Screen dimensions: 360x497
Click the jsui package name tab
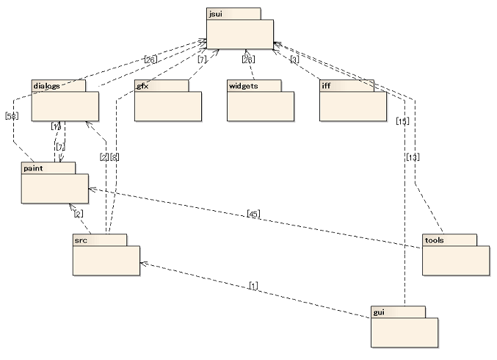pyautogui.click(x=215, y=13)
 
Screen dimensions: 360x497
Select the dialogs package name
pyautogui.click(x=46, y=86)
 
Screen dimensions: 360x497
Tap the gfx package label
pyautogui.click(x=143, y=86)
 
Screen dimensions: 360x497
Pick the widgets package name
pyautogui.click(x=242, y=86)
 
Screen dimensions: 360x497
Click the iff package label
pyautogui.click(x=327, y=86)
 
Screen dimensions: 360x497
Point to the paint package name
pyautogui.click(x=34, y=168)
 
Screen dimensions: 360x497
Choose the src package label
pyautogui.click(x=81, y=240)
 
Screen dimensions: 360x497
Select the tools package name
pyautogui.click(x=435, y=240)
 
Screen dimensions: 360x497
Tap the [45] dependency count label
pyautogui.click(x=253, y=214)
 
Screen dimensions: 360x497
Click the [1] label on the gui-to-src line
pyautogui.click(x=253, y=284)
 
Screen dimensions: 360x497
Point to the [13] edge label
pyautogui.click(x=411, y=157)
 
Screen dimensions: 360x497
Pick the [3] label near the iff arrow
pyautogui.click(x=294, y=60)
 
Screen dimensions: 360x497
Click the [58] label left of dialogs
pyautogui.click(x=11, y=116)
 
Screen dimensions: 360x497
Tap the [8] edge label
pyautogui.click(x=115, y=157)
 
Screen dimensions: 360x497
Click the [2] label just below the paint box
pyautogui.click(x=78, y=214)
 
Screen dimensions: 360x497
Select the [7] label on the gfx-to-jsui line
pyautogui.click(x=201, y=60)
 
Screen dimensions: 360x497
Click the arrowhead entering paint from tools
pyautogui.click(x=91, y=189)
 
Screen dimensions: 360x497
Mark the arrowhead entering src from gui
pyautogui.click(x=142, y=261)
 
